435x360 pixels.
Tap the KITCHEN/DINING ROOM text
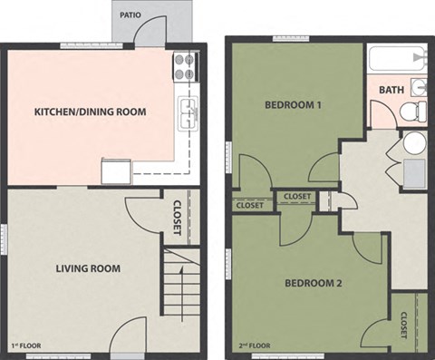point(90,112)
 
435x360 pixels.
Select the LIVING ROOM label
point(87,268)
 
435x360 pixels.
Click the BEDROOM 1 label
point(293,105)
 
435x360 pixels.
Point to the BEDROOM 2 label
point(313,283)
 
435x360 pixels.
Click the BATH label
point(391,90)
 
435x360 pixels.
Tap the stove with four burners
point(185,65)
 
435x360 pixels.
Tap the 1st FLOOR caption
point(27,346)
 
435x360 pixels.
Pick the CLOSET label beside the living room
point(176,218)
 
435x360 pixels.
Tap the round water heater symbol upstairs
point(414,143)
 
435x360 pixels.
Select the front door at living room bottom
point(130,336)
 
